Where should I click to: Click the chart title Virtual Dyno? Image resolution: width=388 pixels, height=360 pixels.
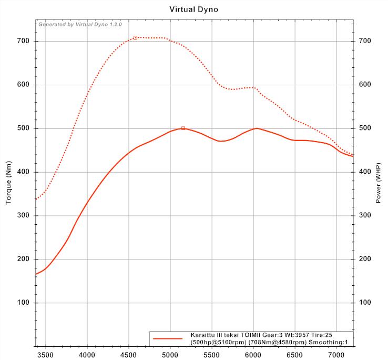click(x=194, y=9)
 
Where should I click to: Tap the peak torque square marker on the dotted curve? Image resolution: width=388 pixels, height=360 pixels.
click(x=135, y=38)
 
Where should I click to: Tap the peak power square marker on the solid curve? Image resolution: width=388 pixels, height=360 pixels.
click(x=183, y=128)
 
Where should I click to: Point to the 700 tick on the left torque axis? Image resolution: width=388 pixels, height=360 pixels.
click(x=24, y=41)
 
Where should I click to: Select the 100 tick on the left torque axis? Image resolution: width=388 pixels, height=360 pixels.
click(x=24, y=303)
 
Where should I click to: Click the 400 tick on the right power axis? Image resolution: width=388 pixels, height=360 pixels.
click(x=365, y=172)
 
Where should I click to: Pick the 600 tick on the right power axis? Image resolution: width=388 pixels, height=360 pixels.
click(x=365, y=85)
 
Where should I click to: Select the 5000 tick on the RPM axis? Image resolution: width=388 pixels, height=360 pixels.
click(x=170, y=354)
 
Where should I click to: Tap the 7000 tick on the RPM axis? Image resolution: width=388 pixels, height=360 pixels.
click(x=336, y=354)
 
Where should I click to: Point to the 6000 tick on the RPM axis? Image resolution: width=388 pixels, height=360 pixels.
click(x=253, y=354)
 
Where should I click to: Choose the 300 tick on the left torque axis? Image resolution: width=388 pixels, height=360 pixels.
click(x=24, y=216)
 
